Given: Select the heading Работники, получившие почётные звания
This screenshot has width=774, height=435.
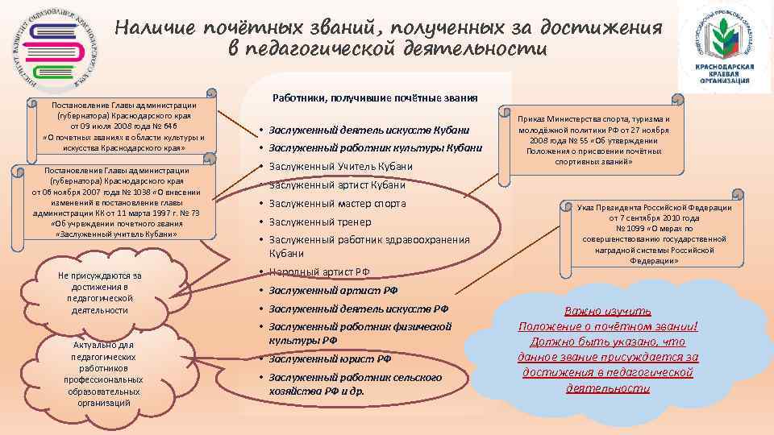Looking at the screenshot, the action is (375, 97).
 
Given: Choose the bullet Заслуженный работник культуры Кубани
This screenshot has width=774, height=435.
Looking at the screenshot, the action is (375, 147).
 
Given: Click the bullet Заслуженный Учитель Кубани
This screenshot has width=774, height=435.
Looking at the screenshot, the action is (340, 167).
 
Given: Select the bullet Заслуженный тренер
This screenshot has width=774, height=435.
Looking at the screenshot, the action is (320, 222).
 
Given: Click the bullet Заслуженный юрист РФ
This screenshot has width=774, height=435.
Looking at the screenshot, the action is (330, 359).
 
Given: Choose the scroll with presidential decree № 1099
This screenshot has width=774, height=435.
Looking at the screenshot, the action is (654, 234).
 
